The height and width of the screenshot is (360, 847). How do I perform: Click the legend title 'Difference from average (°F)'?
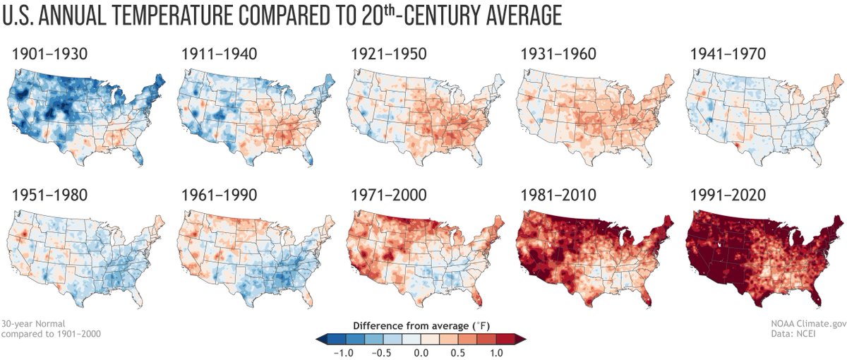[x=421, y=325]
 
